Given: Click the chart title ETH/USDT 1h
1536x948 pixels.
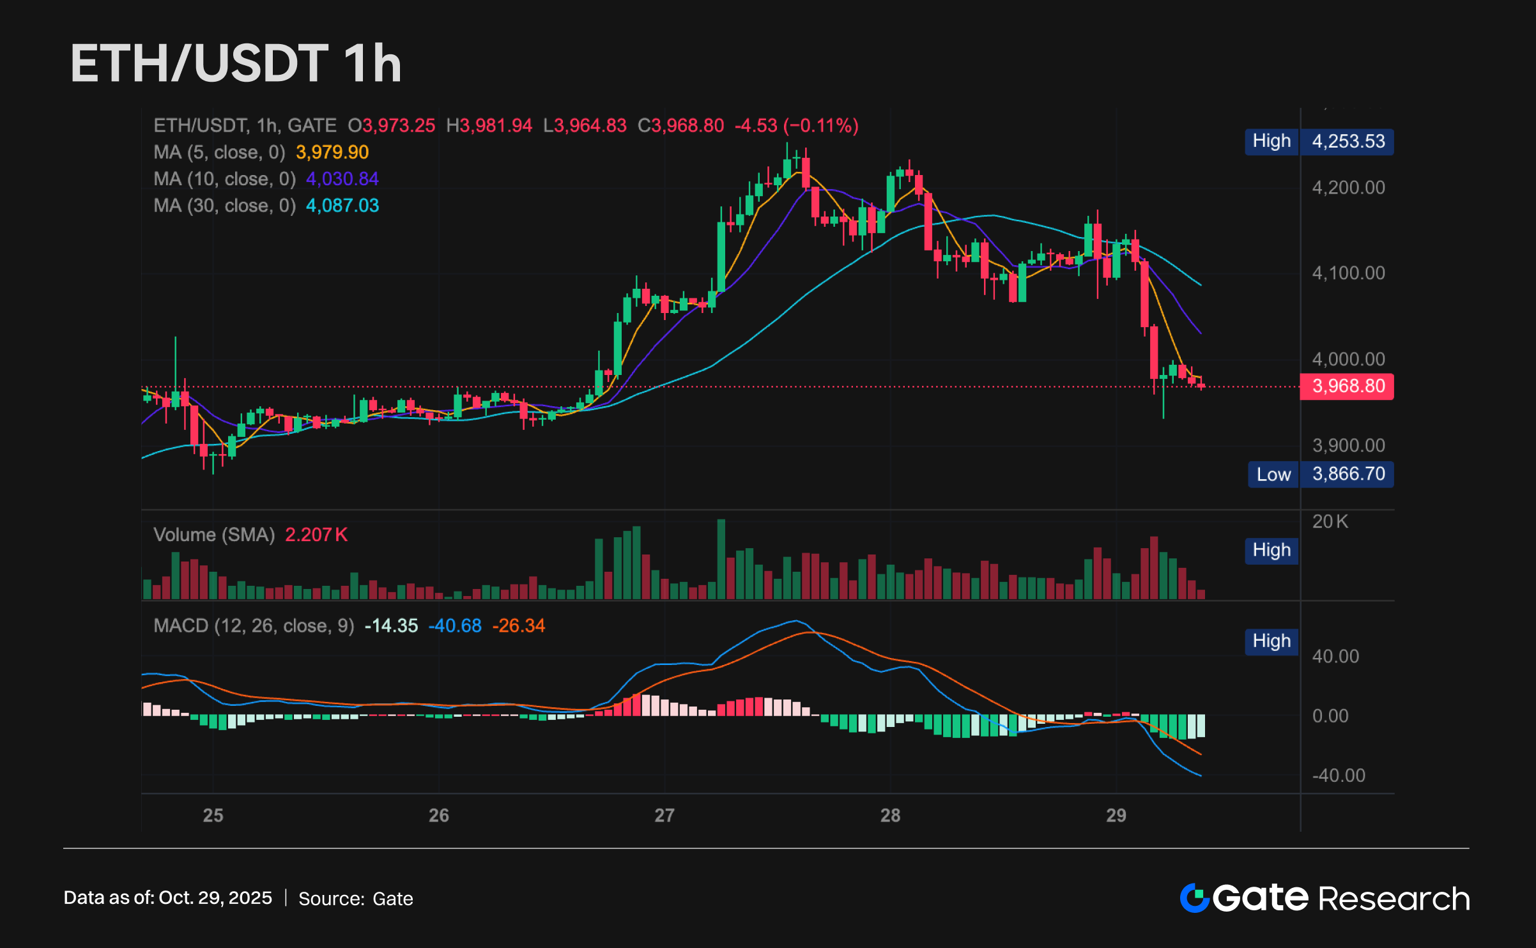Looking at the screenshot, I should (236, 63).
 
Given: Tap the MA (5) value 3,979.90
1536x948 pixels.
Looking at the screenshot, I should (332, 153).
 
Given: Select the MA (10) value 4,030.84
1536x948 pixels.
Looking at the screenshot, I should (342, 180).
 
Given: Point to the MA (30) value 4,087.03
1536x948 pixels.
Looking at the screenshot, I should (342, 206).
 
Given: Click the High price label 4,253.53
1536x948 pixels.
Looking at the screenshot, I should (1348, 141).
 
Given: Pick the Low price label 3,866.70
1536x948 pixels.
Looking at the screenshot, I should (1348, 474).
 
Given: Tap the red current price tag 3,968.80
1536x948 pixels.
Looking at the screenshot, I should (1348, 386).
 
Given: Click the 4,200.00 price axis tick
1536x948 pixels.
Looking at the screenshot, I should (1348, 188).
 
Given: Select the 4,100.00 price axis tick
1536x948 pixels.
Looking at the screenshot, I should (1348, 273).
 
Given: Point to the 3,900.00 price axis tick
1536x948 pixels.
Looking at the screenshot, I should (1348, 445).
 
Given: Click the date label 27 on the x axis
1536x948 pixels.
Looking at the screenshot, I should (664, 816).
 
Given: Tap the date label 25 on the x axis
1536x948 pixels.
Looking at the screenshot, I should (213, 816).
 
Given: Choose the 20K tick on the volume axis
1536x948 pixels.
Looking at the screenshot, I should (1330, 522).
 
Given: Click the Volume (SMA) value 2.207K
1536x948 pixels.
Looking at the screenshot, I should (316, 535).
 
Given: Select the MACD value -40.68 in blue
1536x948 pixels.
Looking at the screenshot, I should (454, 625).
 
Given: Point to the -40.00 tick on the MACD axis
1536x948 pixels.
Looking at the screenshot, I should (1338, 776).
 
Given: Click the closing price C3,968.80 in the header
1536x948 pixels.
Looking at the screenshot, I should (681, 126).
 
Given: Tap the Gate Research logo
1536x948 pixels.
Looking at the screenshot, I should (1325, 898).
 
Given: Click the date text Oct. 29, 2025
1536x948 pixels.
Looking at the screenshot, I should (215, 898).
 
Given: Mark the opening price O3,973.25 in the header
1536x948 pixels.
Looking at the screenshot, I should (392, 126).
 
